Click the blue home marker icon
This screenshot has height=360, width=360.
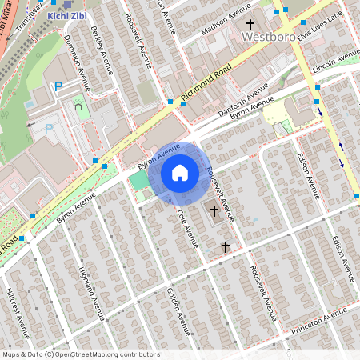[180, 172]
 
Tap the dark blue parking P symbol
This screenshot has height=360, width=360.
[58, 86]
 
